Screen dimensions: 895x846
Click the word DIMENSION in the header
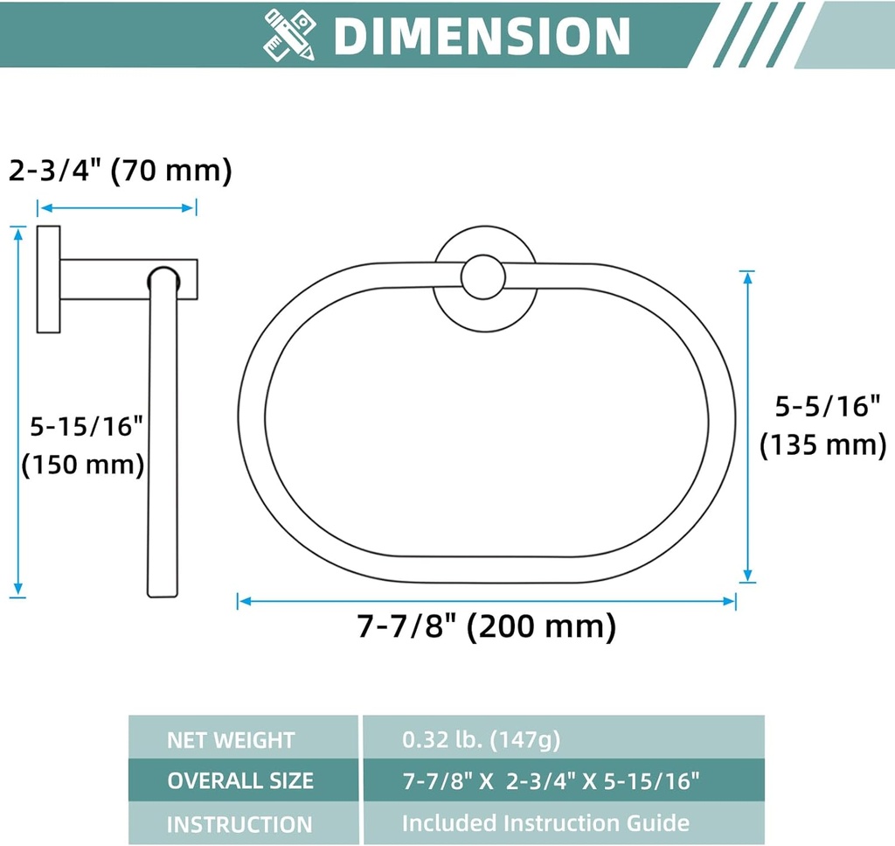tap(482, 36)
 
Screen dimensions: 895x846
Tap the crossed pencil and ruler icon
tap(289, 35)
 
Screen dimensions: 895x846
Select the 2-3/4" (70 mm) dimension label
tap(121, 170)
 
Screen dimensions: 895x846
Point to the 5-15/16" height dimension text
tap(87, 425)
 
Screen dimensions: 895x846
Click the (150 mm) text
tap(83, 464)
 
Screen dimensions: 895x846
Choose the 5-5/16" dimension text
tap(827, 406)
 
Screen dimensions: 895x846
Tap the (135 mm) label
tap(823, 444)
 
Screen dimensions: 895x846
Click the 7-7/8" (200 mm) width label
tap(487, 626)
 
